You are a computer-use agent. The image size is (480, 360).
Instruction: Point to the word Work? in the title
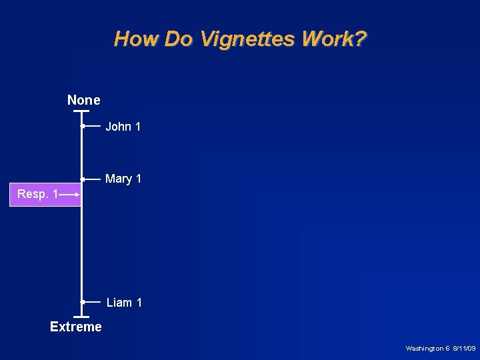(333, 39)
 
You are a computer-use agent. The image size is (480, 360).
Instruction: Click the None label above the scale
(84, 100)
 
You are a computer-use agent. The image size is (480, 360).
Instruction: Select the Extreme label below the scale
(76, 327)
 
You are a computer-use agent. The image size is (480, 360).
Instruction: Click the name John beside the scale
(119, 127)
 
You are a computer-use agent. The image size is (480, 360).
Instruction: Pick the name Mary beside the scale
(119, 179)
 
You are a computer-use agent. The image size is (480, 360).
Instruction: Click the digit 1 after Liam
(139, 303)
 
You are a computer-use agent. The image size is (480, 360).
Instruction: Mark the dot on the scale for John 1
(82, 126)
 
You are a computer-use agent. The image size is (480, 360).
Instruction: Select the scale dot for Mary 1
(82, 179)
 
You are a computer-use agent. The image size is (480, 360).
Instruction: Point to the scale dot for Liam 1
(82, 302)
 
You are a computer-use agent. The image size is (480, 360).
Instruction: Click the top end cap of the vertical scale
(81, 111)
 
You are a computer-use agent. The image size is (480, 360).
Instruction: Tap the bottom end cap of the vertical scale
(81, 315)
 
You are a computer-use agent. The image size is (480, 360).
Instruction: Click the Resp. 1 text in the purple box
(37, 194)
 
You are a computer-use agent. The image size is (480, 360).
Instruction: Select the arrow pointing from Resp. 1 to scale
(69, 195)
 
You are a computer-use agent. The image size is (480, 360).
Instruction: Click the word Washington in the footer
(425, 349)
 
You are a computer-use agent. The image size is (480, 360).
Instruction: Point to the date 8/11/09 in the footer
(464, 349)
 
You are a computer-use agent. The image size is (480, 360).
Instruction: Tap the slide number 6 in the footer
(448, 349)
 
